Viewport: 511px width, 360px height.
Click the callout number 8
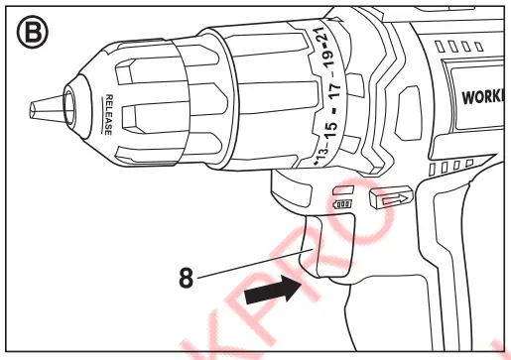[x=187, y=279]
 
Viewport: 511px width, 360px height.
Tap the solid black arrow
[x=274, y=291]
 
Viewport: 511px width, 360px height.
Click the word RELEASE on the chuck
[x=110, y=115]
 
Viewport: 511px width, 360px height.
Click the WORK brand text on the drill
[x=484, y=99]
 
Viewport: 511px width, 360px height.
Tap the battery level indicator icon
[x=342, y=204]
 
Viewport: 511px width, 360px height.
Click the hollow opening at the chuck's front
[x=70, y=103]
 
